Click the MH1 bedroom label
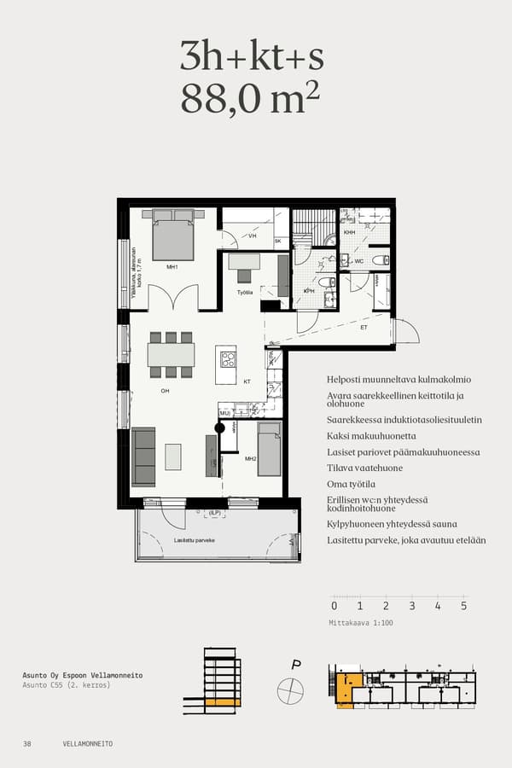click(172, 267)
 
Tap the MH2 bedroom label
click(250, 458)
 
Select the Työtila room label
click(245, 293)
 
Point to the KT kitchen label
click(247, 381)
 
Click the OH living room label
click(166, 391)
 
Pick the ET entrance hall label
click(363, 327)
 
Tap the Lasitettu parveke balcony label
click(194, 539)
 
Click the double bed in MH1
click(172, 236)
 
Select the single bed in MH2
click(270, 449)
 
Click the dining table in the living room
click(171, 354)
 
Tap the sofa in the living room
click(143, 457)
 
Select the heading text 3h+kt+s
click(252, 56)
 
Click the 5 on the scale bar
click(463, 606)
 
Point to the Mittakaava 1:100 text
click(362, 623)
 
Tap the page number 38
click(27, 744)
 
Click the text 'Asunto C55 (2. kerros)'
click(67, 685)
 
